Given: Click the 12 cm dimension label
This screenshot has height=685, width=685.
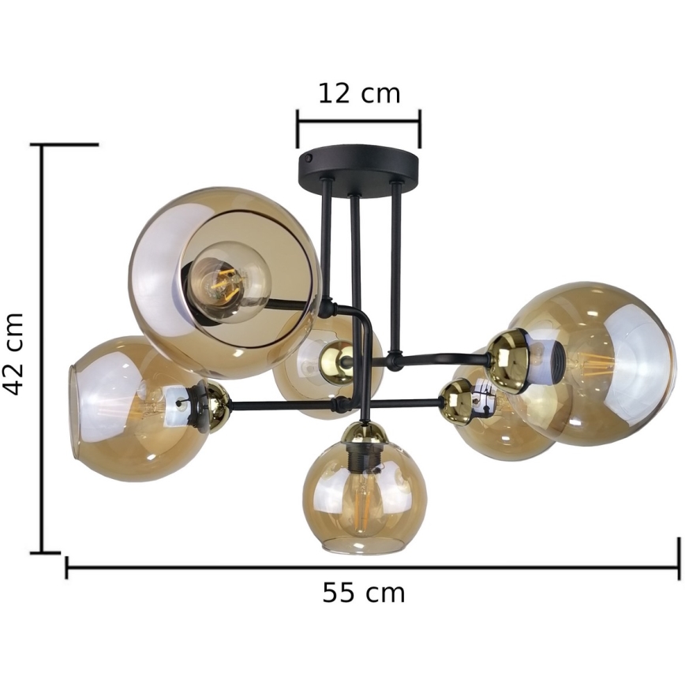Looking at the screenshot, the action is [359, 93].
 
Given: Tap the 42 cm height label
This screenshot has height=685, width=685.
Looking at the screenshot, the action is [12, 354].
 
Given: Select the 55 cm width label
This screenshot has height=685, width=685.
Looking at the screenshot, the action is [364, 593].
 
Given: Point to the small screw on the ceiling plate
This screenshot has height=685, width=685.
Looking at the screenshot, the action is [309, 157].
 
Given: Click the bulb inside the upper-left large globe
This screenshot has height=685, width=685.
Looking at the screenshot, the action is [230, 283].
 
